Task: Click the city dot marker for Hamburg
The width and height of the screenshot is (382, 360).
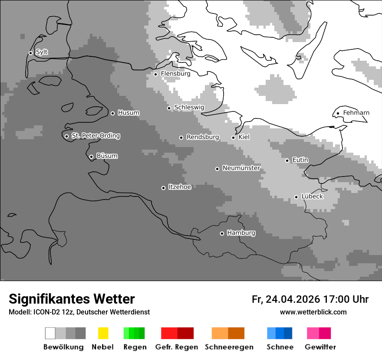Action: tap(222, 233)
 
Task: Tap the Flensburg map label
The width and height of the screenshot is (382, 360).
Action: tap(175, 74)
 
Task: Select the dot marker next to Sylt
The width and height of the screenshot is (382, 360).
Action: tap(30, 53)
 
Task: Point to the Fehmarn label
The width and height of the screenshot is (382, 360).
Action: tap(356, 113)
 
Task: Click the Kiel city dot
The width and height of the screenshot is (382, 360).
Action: tap(233, 137)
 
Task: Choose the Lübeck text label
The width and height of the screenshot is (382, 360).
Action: tap(312, 196)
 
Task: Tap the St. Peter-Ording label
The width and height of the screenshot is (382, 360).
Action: tap(95, 136)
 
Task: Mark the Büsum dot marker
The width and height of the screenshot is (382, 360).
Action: tap(91, 157)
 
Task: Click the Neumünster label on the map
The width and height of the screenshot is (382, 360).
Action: tap(241, 168)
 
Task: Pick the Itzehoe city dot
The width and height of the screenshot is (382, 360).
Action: tap(163, 188)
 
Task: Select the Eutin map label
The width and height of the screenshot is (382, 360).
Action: tap(300, 160)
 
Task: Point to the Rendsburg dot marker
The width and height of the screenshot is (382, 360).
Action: tap(181, 137)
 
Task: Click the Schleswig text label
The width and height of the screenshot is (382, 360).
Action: tap(189, 107)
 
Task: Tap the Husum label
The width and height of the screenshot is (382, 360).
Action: tap(128, 113)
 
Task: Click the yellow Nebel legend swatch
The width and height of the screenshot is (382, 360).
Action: tap(103, 333)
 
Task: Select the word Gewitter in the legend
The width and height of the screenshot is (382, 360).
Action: tap(320, 347)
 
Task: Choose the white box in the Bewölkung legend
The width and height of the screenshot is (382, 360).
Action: tap(50, 333)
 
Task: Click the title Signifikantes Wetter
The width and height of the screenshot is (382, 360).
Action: tap(72, 299)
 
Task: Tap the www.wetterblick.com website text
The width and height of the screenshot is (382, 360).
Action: tap(313, 312)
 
